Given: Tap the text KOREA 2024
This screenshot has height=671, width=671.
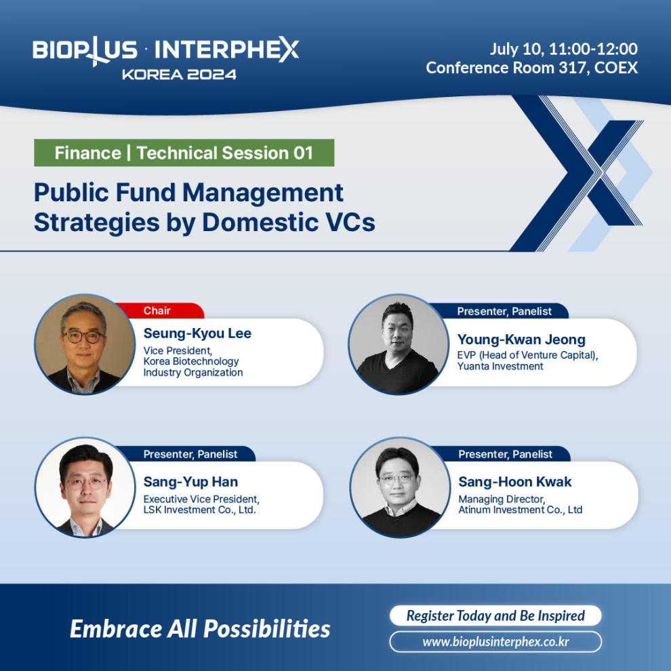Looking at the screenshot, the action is [x=179, y=75].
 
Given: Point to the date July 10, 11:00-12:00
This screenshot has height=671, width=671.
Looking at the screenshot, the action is [x=564, y=49].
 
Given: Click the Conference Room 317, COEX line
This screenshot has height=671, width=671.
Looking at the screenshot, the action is [x=531, y=68].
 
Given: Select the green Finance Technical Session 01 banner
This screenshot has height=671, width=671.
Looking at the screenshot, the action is [x=184, y=152].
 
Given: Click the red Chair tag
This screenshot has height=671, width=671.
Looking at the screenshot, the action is [x=159, y=310].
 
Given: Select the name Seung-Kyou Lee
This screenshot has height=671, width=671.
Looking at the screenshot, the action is [x=197, y=333].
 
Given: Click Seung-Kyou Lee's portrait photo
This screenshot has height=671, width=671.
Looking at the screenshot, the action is [x=85, y=344].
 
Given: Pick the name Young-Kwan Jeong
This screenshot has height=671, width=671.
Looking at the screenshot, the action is [x=521, y=340].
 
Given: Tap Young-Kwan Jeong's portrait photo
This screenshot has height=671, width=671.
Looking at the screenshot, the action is [x=399, y=344].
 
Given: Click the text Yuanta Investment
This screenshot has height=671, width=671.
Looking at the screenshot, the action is [x=500, y=366].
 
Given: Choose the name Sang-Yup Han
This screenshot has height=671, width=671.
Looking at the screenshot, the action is [x=190, y=482].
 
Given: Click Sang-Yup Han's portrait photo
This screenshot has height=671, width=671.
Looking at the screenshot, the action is [x=85, y=487].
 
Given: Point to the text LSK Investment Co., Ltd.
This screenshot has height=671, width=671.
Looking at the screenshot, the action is [x=199, y=510].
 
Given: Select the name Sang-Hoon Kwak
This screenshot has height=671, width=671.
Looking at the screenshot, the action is [x=515, y=482].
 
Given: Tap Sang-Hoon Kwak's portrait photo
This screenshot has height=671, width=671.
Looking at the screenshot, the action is [x=400, y=487].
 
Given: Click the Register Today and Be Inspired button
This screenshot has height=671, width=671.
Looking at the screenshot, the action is [x=495, y=615].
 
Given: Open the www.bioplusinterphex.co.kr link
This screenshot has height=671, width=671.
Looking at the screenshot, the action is [x=495, y=642].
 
